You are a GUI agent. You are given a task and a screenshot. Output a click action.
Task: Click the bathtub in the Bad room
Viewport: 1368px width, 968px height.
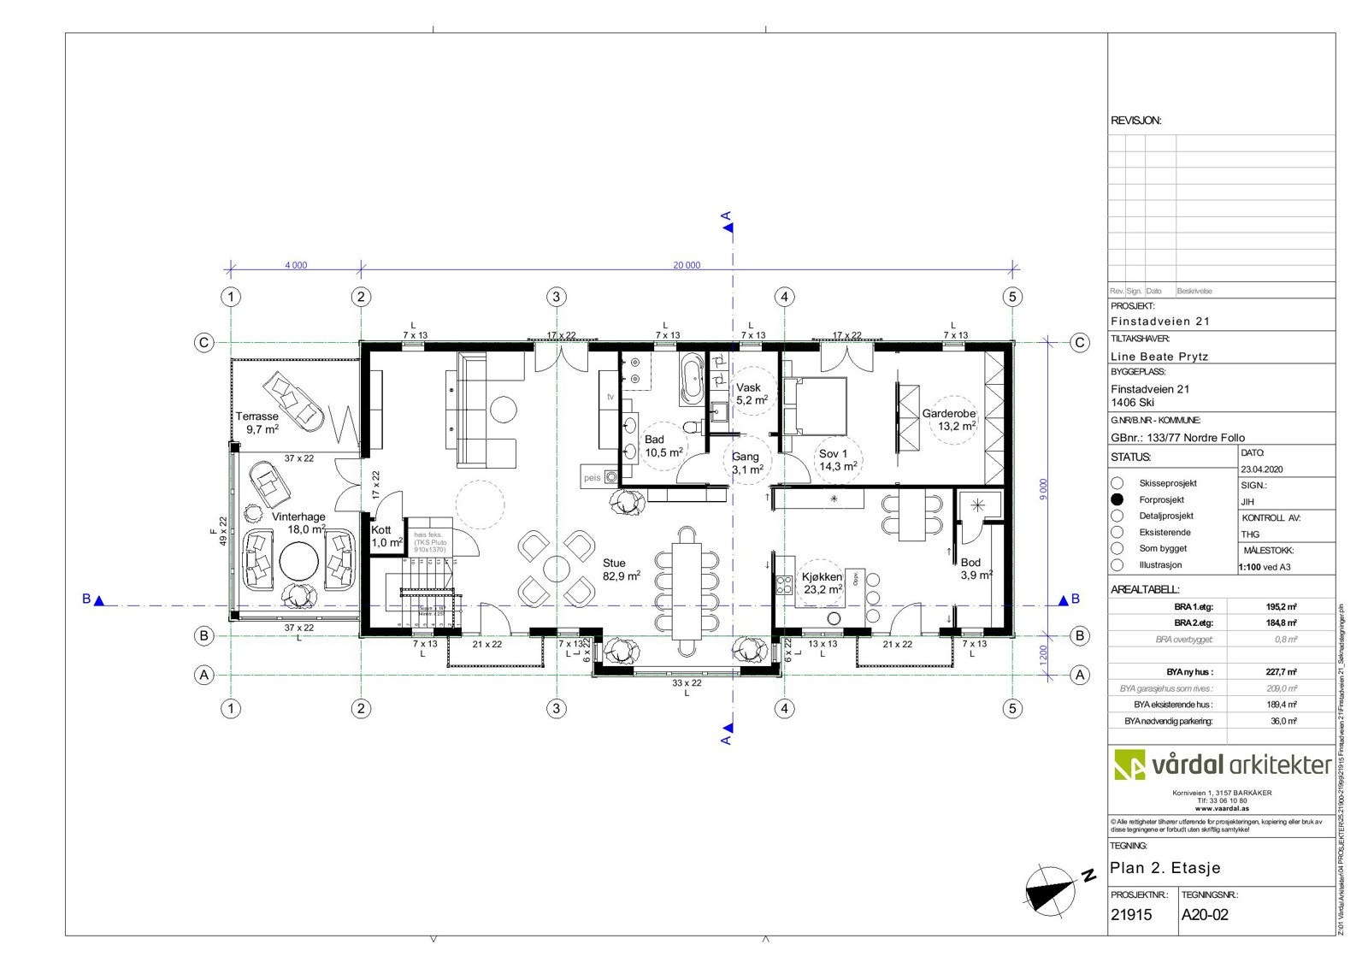click(691, 379)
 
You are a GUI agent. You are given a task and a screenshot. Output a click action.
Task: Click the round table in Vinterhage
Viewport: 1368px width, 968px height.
click(299, 562)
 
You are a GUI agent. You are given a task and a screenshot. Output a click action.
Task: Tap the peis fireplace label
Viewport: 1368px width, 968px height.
click(592, 478)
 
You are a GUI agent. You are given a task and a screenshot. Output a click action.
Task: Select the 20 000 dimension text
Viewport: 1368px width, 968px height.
click(686, 265)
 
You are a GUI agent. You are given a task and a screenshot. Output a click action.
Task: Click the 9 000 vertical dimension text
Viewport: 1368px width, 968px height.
click(1043, 489)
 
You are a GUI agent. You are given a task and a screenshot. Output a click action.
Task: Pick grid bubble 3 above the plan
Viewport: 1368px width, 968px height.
click(557, 297)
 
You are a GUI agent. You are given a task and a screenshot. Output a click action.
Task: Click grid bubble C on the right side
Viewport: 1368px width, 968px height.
click(1080, 343)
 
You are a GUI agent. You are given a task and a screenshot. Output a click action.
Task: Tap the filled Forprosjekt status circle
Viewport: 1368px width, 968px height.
click(1117, 499)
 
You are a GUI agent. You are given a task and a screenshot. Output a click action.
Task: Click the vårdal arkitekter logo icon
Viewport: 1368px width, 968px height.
click(1129, 764)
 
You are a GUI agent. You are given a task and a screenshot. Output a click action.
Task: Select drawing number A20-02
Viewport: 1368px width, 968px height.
click(1205, 914)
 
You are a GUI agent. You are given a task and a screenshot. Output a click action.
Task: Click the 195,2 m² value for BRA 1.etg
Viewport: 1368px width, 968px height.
click(1281, 606)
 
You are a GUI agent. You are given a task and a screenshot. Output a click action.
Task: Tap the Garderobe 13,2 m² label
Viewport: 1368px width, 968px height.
click(949, 419)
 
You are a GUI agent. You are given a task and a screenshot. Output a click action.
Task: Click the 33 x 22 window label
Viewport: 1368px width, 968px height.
click(687, 683)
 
